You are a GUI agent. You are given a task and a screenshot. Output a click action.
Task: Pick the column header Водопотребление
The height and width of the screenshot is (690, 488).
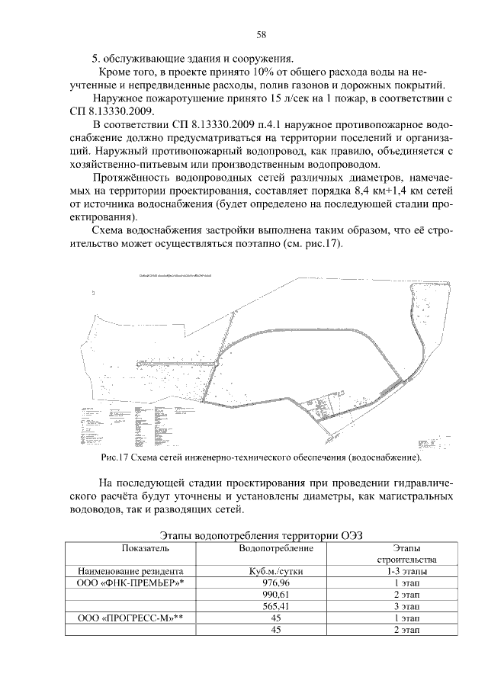[277, 548]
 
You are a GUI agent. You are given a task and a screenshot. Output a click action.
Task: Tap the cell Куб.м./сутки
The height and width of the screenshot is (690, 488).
[277, 570]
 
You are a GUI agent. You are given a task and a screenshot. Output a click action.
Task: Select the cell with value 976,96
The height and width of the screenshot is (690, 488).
[277, 582]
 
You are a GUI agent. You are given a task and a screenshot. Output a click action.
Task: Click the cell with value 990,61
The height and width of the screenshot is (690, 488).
[277, 595]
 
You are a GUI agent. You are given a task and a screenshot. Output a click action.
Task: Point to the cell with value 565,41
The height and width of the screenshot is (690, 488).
[277, 607]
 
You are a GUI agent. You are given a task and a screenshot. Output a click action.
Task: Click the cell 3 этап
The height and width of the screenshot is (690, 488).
[404, 607]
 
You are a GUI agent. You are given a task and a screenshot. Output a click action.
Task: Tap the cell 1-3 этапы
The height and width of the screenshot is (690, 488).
[404, 570]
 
